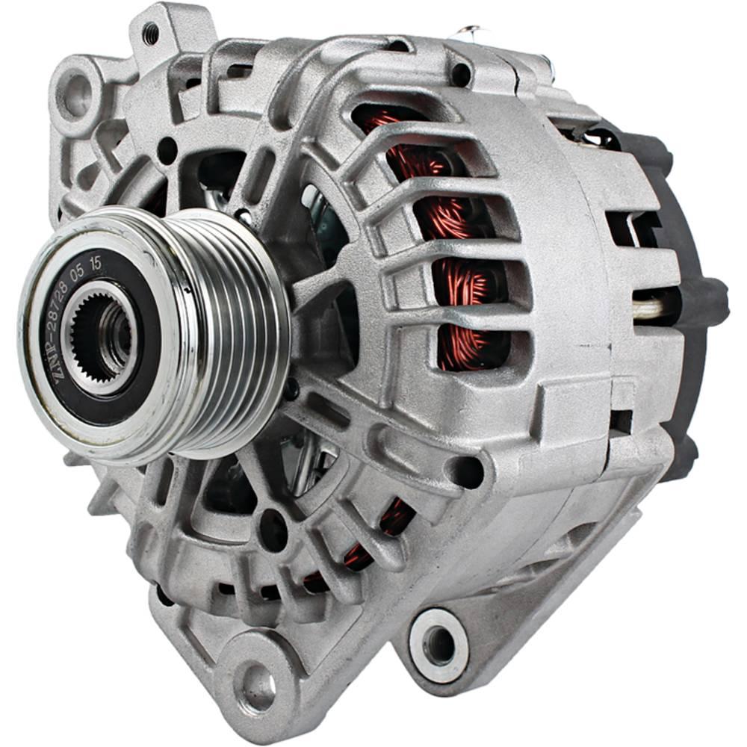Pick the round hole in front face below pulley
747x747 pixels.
tap(272, 529)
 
